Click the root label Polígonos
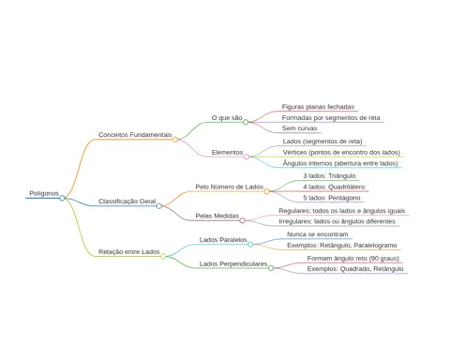click(x=44, y=193)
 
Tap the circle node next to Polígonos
click(x=62, y=198)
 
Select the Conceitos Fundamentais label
click(x=135, y=135)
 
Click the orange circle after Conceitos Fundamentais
click(x=175, y=140)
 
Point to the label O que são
click(x=227, y=118)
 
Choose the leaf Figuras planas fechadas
click(x=318, y=107)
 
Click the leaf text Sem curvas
click(x=299, y=128)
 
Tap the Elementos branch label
click(x=227, y=152)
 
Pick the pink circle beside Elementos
click(x=247, y=157)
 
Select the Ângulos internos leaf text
click(x=340, y=163)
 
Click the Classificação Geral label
click(x=127, y=202)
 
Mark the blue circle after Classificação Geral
click(x=159, y=206)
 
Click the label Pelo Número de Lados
click(x=230, y=187)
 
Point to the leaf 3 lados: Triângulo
click(x=329, y=176)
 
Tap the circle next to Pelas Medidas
click(x=243, y=220)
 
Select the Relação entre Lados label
click(x=129, y=252)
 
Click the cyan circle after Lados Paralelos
click(x=250, y=245)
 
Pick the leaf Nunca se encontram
click(x=318, y=234)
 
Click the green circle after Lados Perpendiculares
click(x=271, y=268)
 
